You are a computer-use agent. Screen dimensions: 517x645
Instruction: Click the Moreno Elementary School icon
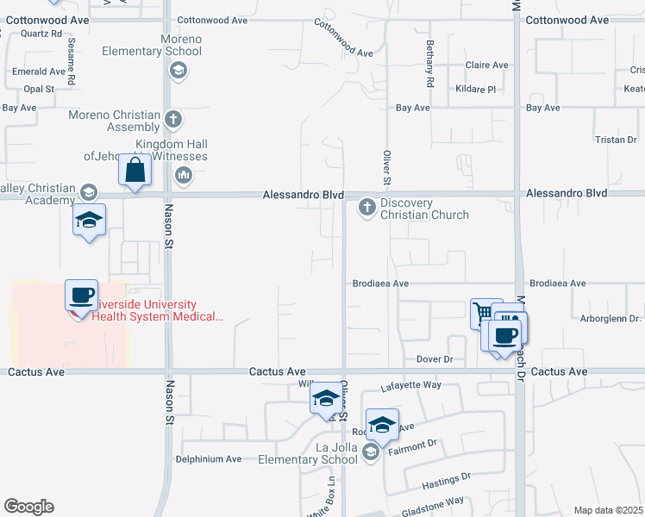178,71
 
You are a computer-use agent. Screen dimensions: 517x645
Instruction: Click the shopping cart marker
485,313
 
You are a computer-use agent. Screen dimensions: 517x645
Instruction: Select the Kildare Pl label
480,89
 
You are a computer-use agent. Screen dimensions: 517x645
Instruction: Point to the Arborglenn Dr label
612,318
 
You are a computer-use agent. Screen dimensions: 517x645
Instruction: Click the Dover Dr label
435,358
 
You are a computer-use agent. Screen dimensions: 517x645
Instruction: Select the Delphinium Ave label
210,459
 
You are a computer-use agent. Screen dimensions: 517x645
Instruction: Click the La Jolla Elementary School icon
371,452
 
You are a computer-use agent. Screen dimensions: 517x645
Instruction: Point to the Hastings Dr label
446,476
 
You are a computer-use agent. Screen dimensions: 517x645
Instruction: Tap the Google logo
28,507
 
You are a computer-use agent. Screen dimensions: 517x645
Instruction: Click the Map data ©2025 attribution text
608,510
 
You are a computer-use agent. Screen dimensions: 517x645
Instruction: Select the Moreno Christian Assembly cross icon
173,119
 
